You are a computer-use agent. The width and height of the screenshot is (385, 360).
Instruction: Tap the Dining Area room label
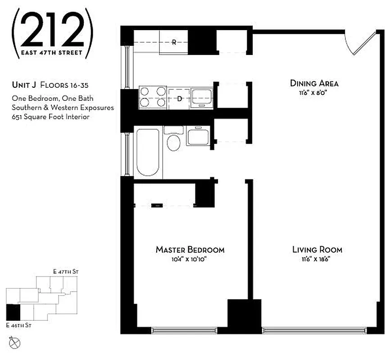tap(314, 83)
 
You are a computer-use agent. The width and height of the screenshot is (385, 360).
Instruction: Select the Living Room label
tap(317, 250)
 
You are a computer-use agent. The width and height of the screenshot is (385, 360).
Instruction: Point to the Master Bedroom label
tap(190, 250)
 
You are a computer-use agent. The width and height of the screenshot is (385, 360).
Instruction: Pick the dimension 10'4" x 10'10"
tap(190, 259)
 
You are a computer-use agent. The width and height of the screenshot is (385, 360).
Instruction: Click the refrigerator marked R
tap(174, 43)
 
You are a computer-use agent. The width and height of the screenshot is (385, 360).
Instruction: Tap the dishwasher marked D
tap(179, 98)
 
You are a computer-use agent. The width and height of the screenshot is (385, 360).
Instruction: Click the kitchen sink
tap(201, 96)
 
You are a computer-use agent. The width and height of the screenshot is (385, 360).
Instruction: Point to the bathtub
tap(147, 153)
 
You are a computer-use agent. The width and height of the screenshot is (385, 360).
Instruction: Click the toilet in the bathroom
tap(173, 141)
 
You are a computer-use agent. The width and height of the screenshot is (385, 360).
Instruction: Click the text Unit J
tap(24, 85)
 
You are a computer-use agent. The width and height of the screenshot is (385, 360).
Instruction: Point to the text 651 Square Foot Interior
tap(51, 117)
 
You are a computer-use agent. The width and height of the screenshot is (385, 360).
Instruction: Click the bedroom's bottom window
tap(189, 330)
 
